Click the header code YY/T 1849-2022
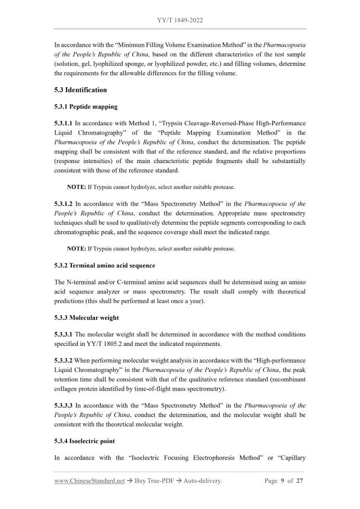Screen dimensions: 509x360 pyautogui.click(x=180, y=20)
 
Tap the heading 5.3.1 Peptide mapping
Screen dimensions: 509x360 pyautogui.click(x=86, y=106)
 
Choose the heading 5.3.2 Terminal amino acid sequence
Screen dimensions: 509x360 pyautogui.click(x=104, y=265)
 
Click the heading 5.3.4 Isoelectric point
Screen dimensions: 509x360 pyautogui.click(x=85, y=441)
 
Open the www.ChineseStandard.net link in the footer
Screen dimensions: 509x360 pyautogui.click(x=89, y=481)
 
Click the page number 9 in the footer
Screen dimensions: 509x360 pyautogui.click(x=283, y=481)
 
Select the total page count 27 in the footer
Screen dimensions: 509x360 pyautogui.click(x=299, y=481)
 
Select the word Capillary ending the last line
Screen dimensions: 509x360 pyautogui.click(x=291, y=458)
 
